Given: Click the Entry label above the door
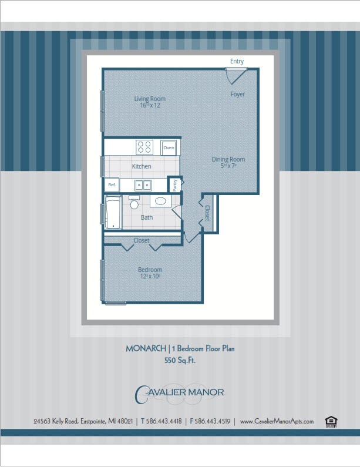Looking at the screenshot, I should tap(237, 62).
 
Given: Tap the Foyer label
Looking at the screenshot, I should tap(237, 95).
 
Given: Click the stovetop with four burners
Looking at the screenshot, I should tap(144, 147).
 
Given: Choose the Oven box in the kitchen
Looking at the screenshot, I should tap(169, 147).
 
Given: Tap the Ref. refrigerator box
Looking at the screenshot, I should tap(112, 184).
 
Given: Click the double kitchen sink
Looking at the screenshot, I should tap(143, 185).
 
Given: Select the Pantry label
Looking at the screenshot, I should tap(175, 184).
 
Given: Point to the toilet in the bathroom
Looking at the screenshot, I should tap(134, 203).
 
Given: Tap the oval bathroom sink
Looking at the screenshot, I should tap(160, 201).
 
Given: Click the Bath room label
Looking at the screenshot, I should tap(147, 217).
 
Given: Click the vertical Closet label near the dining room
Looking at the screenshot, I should tap(207, 213).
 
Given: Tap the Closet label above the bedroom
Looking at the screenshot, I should tap(141, 240).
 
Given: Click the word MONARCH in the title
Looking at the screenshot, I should tap(146, 348).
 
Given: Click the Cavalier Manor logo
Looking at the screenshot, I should tap(180, 394).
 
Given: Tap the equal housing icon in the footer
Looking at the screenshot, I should tap(331, 421).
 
